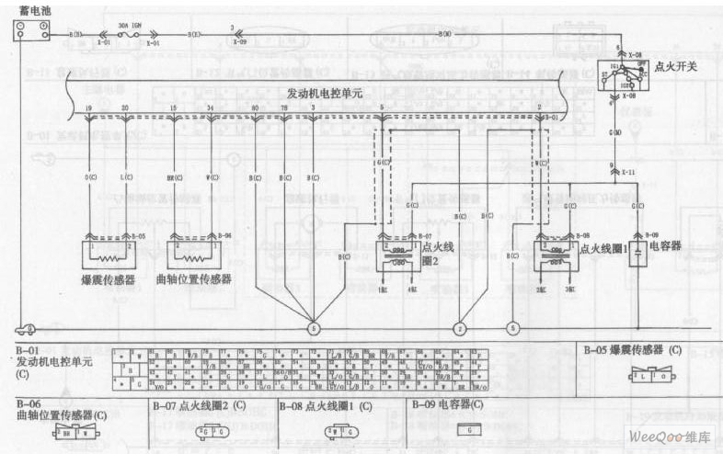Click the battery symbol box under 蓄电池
pyautogui.click(x=31, y=31)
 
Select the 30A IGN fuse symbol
pyautogui.click(x=130, y=34)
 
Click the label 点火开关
pyautogui.click(x=675, y=67)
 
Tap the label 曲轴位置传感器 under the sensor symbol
pyautogui.click(x=194, y=278)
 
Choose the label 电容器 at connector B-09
pyautogui.click(x=665, y=246)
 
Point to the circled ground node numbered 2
pyautogui.click(x=460, y=328)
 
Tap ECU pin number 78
pyautogui.click(x=283, y=108)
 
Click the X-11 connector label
pyautogui.click(x=627, y=172)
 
